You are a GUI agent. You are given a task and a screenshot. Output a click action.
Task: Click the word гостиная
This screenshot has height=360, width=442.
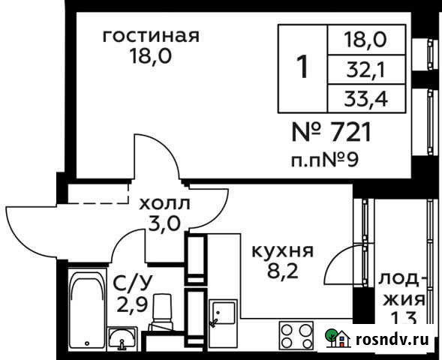point(150,36)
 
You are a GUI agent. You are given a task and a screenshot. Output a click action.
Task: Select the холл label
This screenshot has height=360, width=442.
point(164,202)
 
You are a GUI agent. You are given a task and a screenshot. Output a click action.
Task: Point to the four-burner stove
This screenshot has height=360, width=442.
point(297,335)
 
